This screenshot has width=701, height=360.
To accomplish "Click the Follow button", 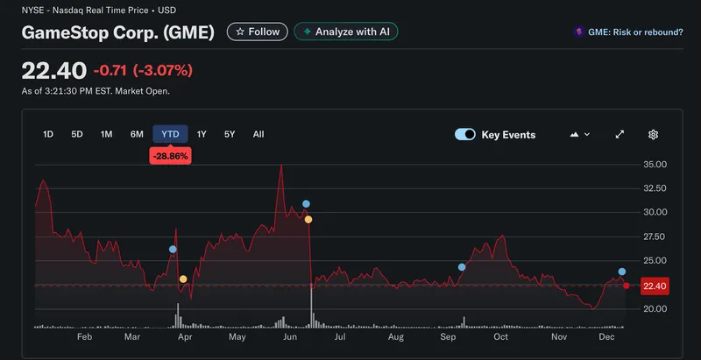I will [x=257, y=32].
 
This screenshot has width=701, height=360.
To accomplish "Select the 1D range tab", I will [x=48, y=134].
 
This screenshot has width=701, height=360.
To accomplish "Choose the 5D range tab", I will [x=77, y=134].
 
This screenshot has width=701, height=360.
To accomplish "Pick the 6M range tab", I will [x=137, y=134].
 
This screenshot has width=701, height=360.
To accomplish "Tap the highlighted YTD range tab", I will [x=171, y=134].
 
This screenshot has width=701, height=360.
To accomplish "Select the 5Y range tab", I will [x=230, y=134].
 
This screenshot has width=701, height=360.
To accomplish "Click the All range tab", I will [x=258, y=134].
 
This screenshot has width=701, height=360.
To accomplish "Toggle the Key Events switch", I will [x=465, y=135].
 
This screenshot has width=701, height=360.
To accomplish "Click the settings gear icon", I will [x=653, y=135].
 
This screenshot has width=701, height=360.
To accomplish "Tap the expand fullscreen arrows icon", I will [x=620, y=135].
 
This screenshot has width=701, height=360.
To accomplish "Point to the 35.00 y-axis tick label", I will [x=655, y=165].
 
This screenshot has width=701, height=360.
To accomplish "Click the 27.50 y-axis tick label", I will [x=655, y=237].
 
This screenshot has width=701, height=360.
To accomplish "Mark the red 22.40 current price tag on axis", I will [x=655, y=286].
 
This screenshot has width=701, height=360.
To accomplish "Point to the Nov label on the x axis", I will [x=559, y=336].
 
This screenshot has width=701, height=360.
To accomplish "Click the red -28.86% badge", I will [x=170, y=156].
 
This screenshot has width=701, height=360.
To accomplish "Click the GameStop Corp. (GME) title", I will [x=117, y=33].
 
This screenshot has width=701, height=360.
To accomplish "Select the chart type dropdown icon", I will [x=580, y=135].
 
